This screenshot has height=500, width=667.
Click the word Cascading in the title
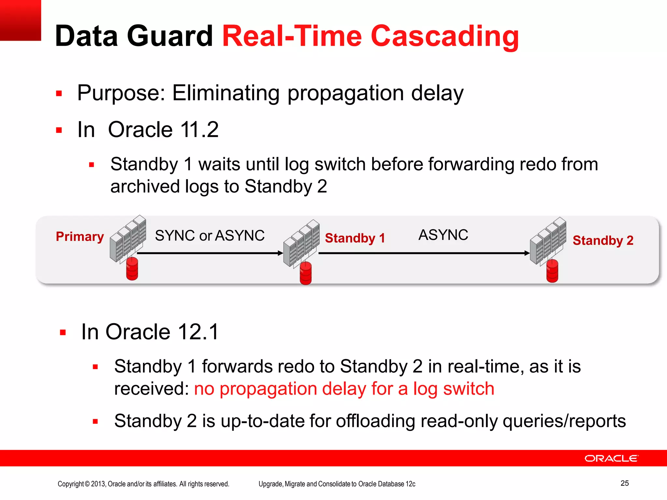445,36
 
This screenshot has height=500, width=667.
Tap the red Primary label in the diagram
80,237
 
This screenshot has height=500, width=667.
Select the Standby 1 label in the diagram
355,238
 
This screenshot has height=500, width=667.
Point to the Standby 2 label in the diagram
603,241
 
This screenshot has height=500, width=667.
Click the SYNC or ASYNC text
210,236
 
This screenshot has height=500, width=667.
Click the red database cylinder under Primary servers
132,269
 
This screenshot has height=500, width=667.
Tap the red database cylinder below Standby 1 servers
305,273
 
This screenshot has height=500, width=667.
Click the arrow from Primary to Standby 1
208,253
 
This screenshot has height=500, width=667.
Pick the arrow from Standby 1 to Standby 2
423,253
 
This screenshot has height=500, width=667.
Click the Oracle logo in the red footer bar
611,458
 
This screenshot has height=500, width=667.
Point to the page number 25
624,483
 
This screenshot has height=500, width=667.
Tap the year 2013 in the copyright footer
98,484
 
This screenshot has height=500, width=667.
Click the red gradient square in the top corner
20,20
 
